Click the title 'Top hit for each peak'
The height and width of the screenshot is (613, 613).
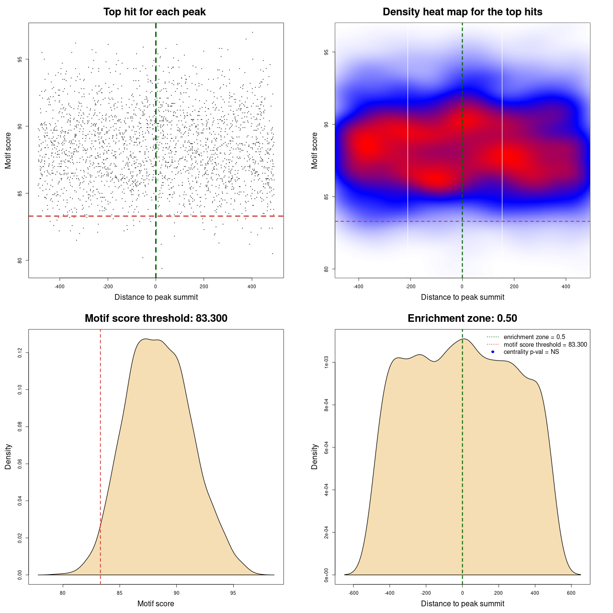pos(154,12)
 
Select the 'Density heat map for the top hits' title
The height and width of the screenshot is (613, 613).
pos(462,12)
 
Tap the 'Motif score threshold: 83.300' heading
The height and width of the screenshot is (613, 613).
pos(156,318)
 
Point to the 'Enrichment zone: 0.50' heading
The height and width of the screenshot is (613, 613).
pos(462,318)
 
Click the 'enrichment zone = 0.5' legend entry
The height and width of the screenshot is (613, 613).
pos(534,337)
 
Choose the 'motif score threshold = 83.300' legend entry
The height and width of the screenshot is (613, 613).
pos(545,344)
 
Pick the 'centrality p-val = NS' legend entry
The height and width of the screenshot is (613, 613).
pos(531,352)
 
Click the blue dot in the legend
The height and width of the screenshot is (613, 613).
pos(493,352)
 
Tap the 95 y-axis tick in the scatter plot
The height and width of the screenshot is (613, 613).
pos(20,59)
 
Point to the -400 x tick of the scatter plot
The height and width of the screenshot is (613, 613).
pos(59,286)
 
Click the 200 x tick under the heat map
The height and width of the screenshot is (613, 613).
pos(514,286)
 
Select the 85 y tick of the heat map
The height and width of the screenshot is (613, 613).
pos(327,197)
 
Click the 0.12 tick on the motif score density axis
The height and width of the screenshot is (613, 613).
pos(20,353)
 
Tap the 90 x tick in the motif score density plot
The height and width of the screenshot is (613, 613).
pos(177,593)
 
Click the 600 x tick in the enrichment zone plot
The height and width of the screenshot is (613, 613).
pos(571,593)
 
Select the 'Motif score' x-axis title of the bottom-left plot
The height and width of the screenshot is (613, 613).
pos(156,604)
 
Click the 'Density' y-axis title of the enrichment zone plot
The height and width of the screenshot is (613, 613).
pos(315,456)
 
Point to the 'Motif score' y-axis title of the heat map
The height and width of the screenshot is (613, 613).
pos(315,150)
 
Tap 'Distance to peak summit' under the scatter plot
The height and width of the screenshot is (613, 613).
pos(156,297)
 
